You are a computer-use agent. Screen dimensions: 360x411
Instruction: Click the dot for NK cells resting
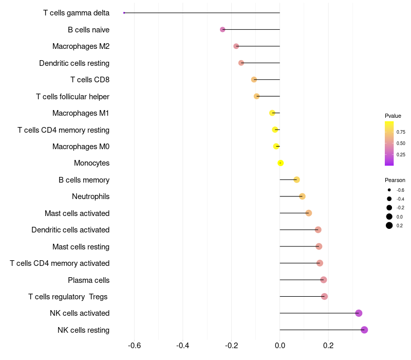pyautogui.click(x=364, y=330)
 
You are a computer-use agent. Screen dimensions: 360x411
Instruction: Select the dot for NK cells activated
pyautogui.click(x=359, y=313)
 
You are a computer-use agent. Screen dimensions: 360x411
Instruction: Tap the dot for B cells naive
pyautogui.click(x=222, y=29)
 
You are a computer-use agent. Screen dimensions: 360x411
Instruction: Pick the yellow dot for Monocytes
pyautogui.click(x=281, y=163)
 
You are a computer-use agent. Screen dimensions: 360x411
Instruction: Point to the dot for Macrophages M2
pyautogui.click(x=236, y=46)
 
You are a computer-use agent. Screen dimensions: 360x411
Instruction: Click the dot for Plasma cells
pyautogui.click(x=324, y=280)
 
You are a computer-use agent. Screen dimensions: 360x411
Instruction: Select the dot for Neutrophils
pyautogui.click(x=302, y=196)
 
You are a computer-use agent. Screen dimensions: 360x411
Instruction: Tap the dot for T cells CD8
pyautogui.click(x=254, y=80)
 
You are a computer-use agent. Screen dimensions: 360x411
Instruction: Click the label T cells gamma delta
pyautogui.click(x=76, y=13)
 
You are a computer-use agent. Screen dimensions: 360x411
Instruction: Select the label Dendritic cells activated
pyautogui.click(x=70, y=230)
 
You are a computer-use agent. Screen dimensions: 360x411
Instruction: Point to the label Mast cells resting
pyautogui.click(x=81, y=247)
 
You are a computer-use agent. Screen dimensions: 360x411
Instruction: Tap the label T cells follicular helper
pyautogui.click(x=72, y=97)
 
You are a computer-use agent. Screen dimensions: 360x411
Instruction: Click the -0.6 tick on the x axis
pyautogui.click(x=134, y=345)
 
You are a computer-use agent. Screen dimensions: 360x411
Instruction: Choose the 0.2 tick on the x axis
pyautogui.click(x=328, y=345)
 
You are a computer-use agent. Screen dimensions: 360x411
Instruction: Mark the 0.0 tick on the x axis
pyautogui.click(x=280, y=345)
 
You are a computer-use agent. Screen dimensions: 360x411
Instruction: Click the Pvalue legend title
pyautogui.click(x=393, y=116)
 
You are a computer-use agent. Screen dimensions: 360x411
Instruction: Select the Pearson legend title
pyautogui.click(x=395, y=180)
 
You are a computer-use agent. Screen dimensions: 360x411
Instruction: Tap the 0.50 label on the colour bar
pyautogui.click(x=401, y=143)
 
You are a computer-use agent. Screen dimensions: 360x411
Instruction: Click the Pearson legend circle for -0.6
pyautogui.click(x=389, y=190)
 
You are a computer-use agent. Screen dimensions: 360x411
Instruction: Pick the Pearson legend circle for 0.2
pyautogui.click(x=389, y=225)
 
